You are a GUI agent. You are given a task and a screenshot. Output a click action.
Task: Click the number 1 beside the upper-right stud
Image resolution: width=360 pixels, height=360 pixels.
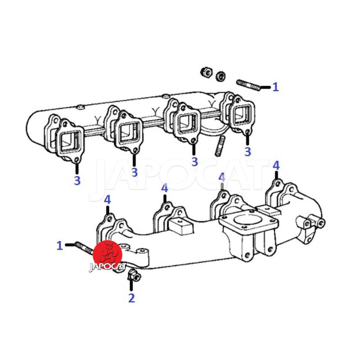click(x=275, y=87)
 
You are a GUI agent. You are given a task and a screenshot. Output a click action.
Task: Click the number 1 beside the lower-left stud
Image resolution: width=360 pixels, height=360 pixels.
click(x=60, y=245)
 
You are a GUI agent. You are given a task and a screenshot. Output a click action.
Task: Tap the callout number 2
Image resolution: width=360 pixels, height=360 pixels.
click(x=131, y=298)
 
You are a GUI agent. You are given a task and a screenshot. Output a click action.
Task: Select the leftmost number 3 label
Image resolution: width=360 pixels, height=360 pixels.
click(x=77, y=180)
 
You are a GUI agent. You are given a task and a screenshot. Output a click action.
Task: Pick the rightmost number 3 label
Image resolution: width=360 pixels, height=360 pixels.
click(x=247, y=152)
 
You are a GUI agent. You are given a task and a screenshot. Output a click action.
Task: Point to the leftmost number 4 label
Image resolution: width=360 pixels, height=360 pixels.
click(x=108, y=200)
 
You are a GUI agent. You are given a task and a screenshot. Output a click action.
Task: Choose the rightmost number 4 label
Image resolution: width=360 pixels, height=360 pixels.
click(x=276, y=166)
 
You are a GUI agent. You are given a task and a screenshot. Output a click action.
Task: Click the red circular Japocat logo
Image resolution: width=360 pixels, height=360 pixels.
click(x=108, y=254)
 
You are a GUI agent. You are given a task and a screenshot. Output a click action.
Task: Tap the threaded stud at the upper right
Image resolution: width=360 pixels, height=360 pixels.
click(x=248, y=85)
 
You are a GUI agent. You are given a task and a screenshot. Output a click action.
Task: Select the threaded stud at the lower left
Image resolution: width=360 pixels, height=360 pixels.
click(x=84, y=248)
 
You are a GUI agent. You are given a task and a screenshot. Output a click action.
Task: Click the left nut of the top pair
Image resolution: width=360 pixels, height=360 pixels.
click(x=206, y=72)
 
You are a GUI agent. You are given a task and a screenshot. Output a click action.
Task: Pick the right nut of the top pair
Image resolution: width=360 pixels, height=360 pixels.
click(x=221, y=76)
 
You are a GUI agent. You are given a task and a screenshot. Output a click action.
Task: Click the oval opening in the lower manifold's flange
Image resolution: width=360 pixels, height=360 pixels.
click(x=248, y=218)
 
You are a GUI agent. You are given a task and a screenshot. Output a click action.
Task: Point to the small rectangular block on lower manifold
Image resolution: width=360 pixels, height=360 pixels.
click(x=181, y=226)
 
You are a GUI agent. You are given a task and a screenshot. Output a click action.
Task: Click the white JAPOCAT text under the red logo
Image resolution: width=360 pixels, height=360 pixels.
click(x=108, y=266)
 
